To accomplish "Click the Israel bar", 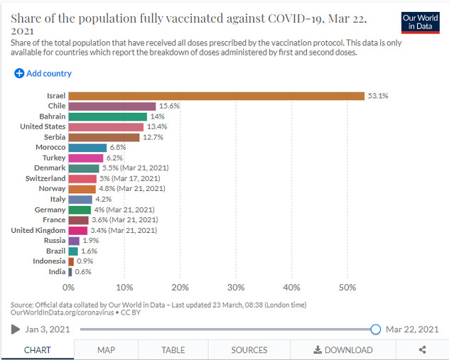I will tap(216, 96).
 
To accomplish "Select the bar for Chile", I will tap(112, 107).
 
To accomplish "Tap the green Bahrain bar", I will tap(108, 116).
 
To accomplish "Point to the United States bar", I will tap(106, 127).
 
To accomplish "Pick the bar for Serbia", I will tap(104, 137).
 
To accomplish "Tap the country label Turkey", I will tap(54, 158).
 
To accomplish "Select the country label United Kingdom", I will tap(38, 230).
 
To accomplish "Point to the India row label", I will tap(57, 272).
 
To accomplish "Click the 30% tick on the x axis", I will tap(236, 288).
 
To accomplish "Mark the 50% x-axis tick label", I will tap(347, 288).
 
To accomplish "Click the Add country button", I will tap(43, 73).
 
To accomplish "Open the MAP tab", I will tap(106, 350).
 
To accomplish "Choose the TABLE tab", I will tap(173, 350).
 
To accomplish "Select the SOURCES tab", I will tap(249, 350).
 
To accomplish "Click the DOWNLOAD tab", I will tap(342, 350).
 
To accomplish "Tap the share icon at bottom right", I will tap(423, 350).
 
